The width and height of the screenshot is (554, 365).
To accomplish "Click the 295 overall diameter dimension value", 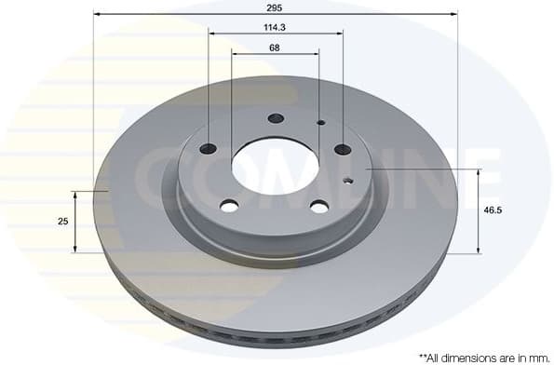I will [275, 7].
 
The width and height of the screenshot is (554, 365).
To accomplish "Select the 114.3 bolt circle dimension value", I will [275, 27].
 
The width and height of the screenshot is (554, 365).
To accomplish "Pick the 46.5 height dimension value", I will [493, 210].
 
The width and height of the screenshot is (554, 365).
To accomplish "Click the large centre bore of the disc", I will [275, 168].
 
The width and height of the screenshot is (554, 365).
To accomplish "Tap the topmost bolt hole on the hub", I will [276, 118].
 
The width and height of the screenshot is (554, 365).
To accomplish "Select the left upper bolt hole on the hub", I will [209, 149].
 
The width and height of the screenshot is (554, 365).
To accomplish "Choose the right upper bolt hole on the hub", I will [343, 149].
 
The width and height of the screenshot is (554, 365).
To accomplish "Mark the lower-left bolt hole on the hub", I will [229, 206].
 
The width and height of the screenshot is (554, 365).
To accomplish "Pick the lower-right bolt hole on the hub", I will [319, 206].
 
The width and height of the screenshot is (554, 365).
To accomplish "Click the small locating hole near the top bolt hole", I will [320, 122].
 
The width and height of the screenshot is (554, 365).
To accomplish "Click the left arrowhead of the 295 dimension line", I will [97, 14].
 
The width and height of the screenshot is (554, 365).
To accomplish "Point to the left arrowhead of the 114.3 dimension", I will [211, 34].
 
